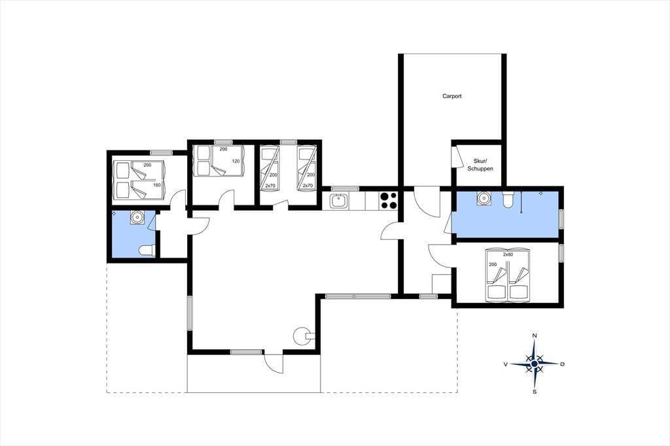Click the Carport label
pos(451,96)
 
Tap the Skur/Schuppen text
pos(480,165)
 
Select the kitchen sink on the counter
pos(340,201)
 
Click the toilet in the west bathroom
pos(147,250)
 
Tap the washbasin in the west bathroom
pos(137,218)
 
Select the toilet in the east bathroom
pos(508,199)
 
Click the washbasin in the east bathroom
pos(484,198)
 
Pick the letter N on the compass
pos(534,335)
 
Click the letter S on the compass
pos(534,391)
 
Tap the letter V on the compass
pos(506,364)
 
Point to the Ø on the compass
pos(562,364)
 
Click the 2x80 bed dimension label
pos(508,254)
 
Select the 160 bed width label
pos(157,185)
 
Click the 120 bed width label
pos(236,161)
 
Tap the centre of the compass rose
pos(534,364)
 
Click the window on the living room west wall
pos(190,313)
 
